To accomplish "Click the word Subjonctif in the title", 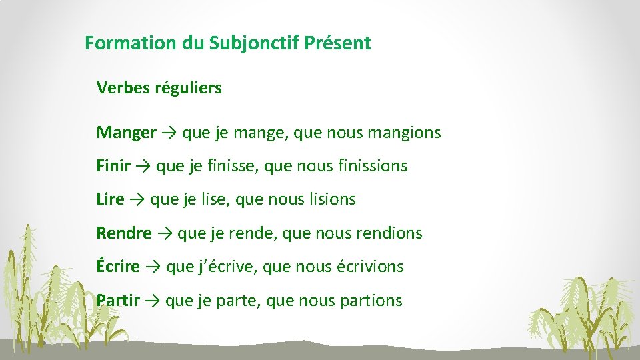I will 254,44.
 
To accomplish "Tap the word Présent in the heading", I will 337,44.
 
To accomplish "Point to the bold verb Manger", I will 126,133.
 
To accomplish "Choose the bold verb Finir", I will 113,166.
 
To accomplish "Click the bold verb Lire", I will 110,199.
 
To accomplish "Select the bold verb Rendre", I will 124,233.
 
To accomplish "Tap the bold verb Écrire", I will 118,267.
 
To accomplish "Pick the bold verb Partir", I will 118,301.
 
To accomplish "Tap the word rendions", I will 389,233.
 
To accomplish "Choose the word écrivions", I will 370,267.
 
